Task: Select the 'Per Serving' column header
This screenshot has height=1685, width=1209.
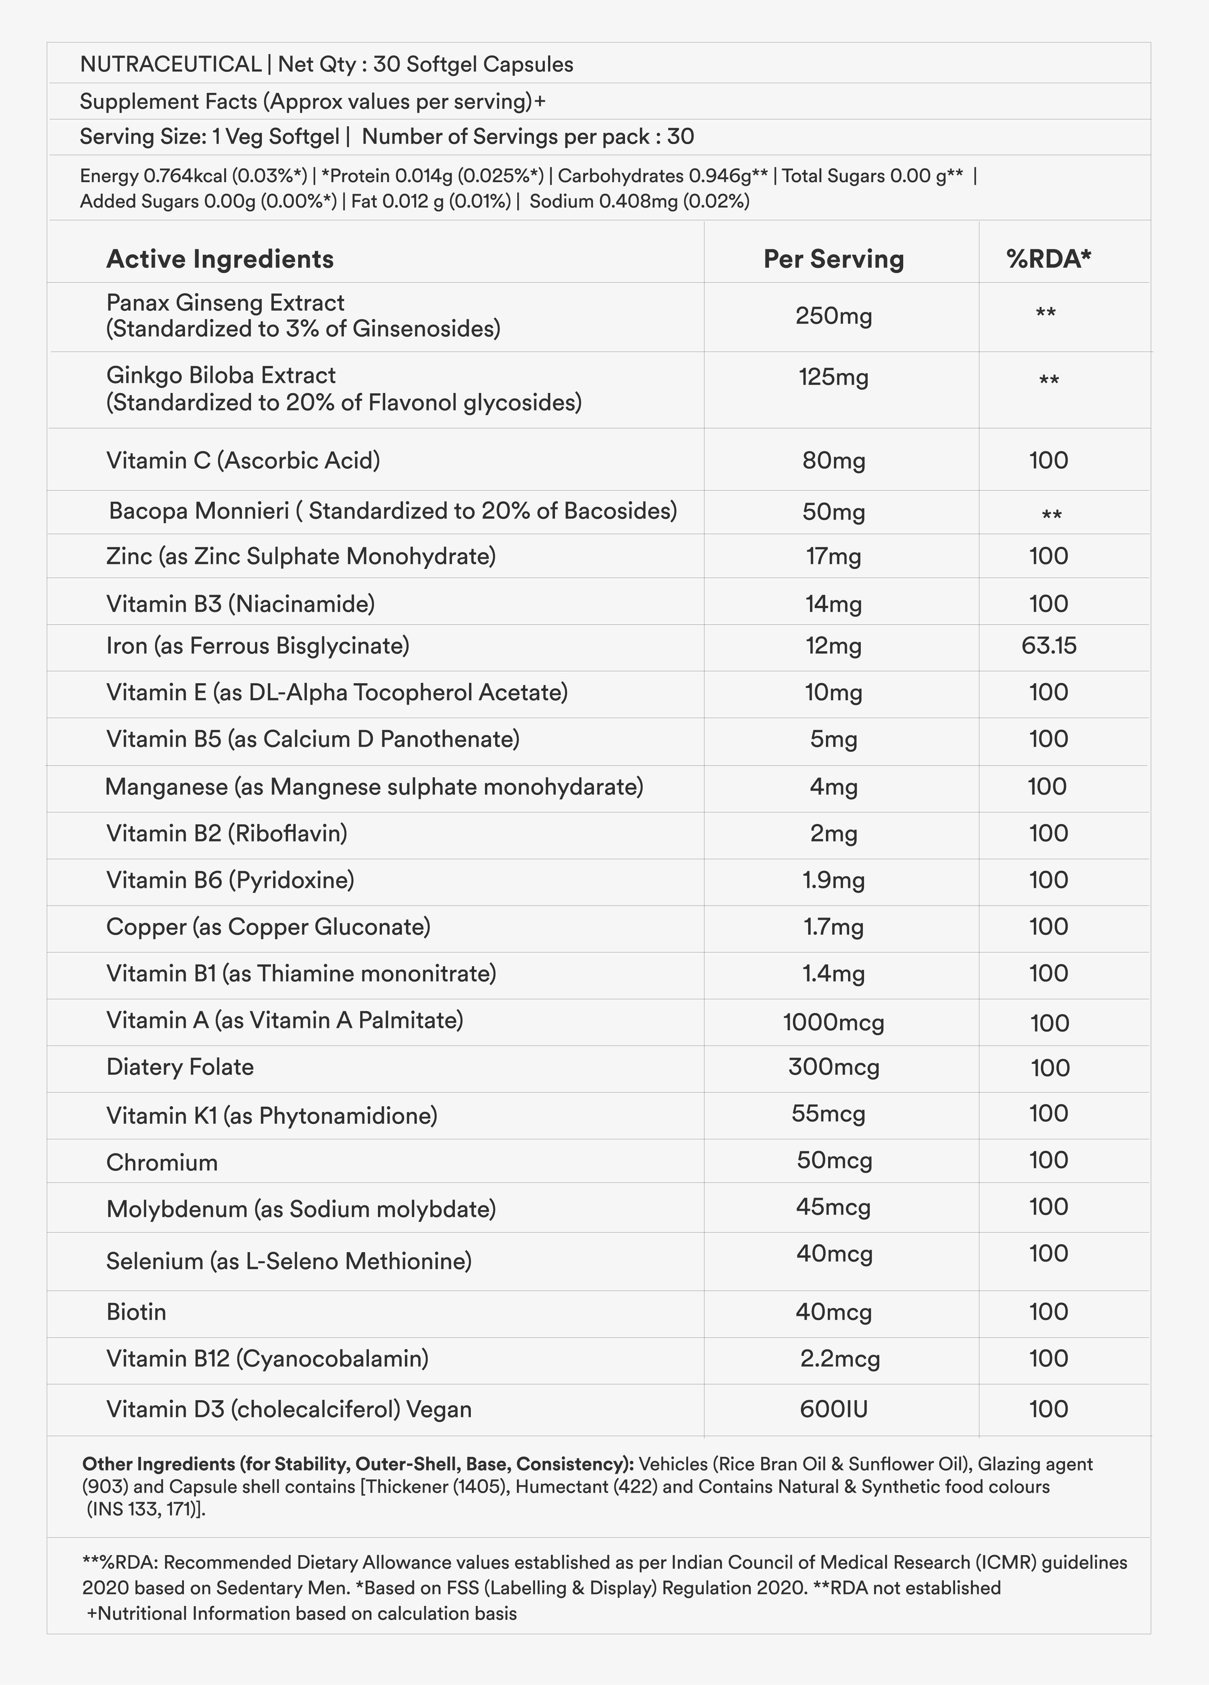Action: click(x=833, y=259)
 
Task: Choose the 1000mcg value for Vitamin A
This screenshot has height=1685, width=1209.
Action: click(x=833, y=1023)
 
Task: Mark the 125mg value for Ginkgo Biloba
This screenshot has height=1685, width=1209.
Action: click(x=833, y=377)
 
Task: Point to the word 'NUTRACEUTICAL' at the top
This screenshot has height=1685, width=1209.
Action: click(x=170, y=65)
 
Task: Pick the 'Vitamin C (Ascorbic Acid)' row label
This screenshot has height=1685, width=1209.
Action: click(x=243, y=461)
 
